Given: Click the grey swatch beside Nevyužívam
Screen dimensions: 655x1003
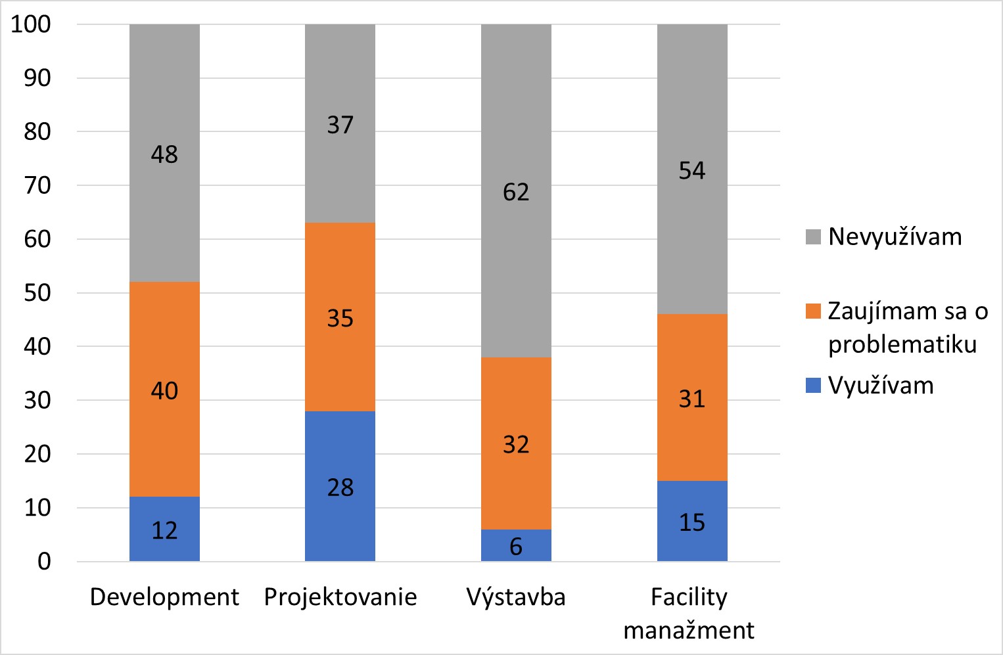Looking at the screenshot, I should pyautogui.click(x=813, y=237).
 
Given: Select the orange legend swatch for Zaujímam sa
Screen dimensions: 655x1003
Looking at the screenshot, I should pyautogui.click(x=813, y=311).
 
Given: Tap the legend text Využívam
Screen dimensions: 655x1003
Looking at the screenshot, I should pyautogui.click(x=881, y=386).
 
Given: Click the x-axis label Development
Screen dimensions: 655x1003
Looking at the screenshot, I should pyautogui.click(x=164, y=597).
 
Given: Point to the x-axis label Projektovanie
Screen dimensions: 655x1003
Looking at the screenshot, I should pyautogui.click(x=340, y=597).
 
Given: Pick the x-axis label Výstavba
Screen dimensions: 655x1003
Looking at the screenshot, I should pyautogui.click(x=516, y=597).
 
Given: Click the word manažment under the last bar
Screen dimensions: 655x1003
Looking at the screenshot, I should pyautogui.click(x=689, y=630).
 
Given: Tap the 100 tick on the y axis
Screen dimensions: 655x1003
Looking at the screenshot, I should pyautogui.click(x=31, y=24).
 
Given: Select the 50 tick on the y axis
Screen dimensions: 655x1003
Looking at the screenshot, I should pyautogui.click(x=37, y=293).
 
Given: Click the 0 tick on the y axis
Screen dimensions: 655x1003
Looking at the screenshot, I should pyautogui.click(x=44, y=562).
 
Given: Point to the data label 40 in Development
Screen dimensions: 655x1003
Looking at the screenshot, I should pyautogui.click(x=164, y=391).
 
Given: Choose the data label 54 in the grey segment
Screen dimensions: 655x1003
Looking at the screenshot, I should pyautogui.click(x=692, y=171).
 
